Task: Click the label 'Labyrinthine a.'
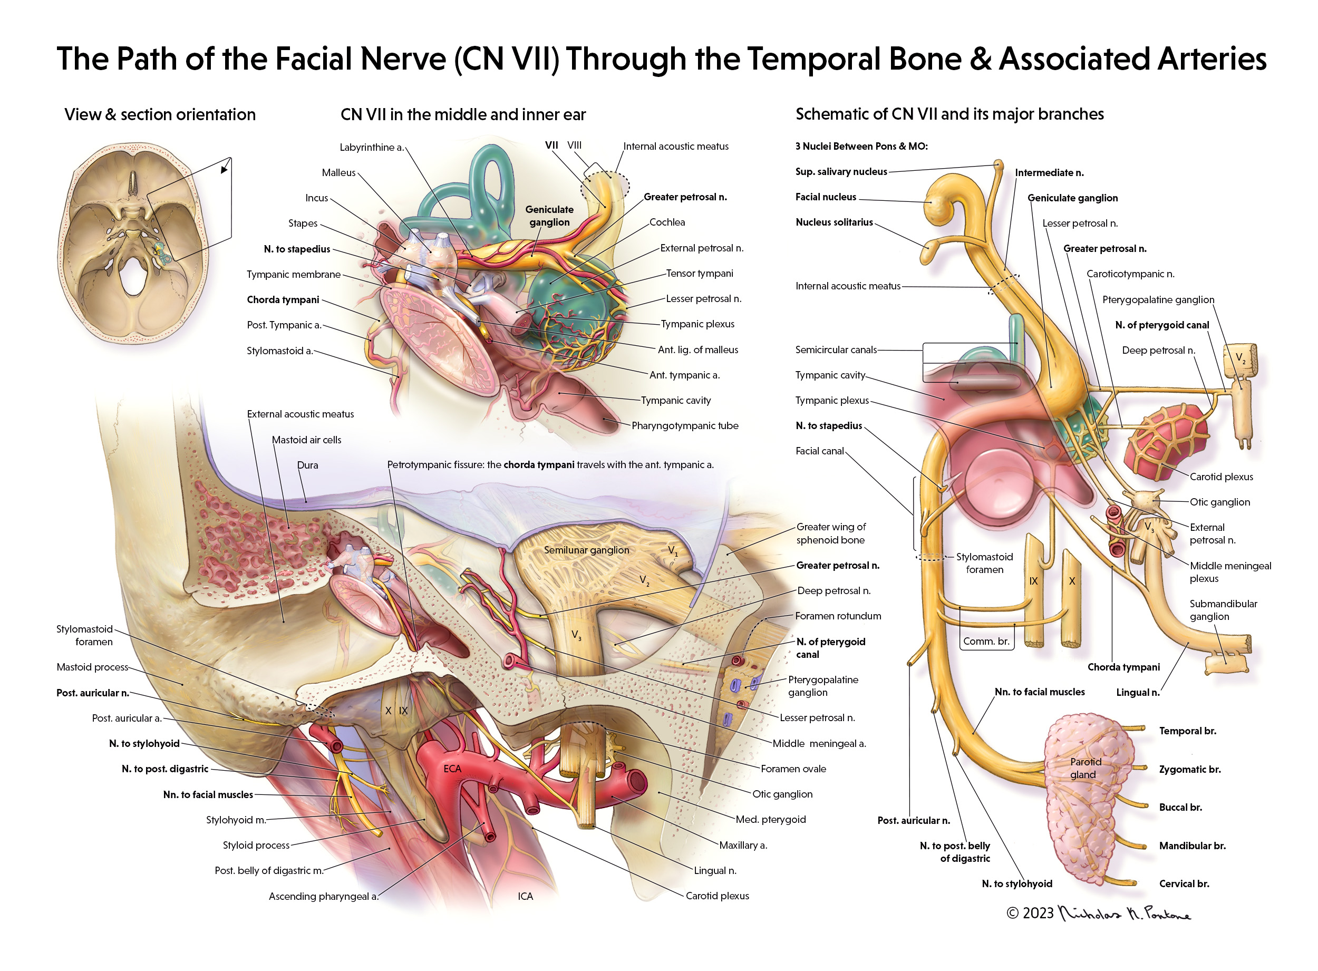point(372,148)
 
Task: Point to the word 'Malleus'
point(338,173)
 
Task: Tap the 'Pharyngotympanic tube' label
point(684,425)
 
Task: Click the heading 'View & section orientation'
point(160,114)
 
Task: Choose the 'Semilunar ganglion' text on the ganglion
point(586,550)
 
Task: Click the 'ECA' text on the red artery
point(452,769)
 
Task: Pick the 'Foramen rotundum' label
point(838,616)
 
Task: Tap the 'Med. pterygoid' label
point(770,819)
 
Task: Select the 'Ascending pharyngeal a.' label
point(323,896)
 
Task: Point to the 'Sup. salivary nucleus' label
point(841,172)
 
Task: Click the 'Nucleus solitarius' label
point(834,222)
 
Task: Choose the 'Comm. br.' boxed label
point(986,641)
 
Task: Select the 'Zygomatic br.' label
point(1189,770)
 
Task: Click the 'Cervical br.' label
point(1184,884)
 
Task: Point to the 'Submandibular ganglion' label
point(1223,610)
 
